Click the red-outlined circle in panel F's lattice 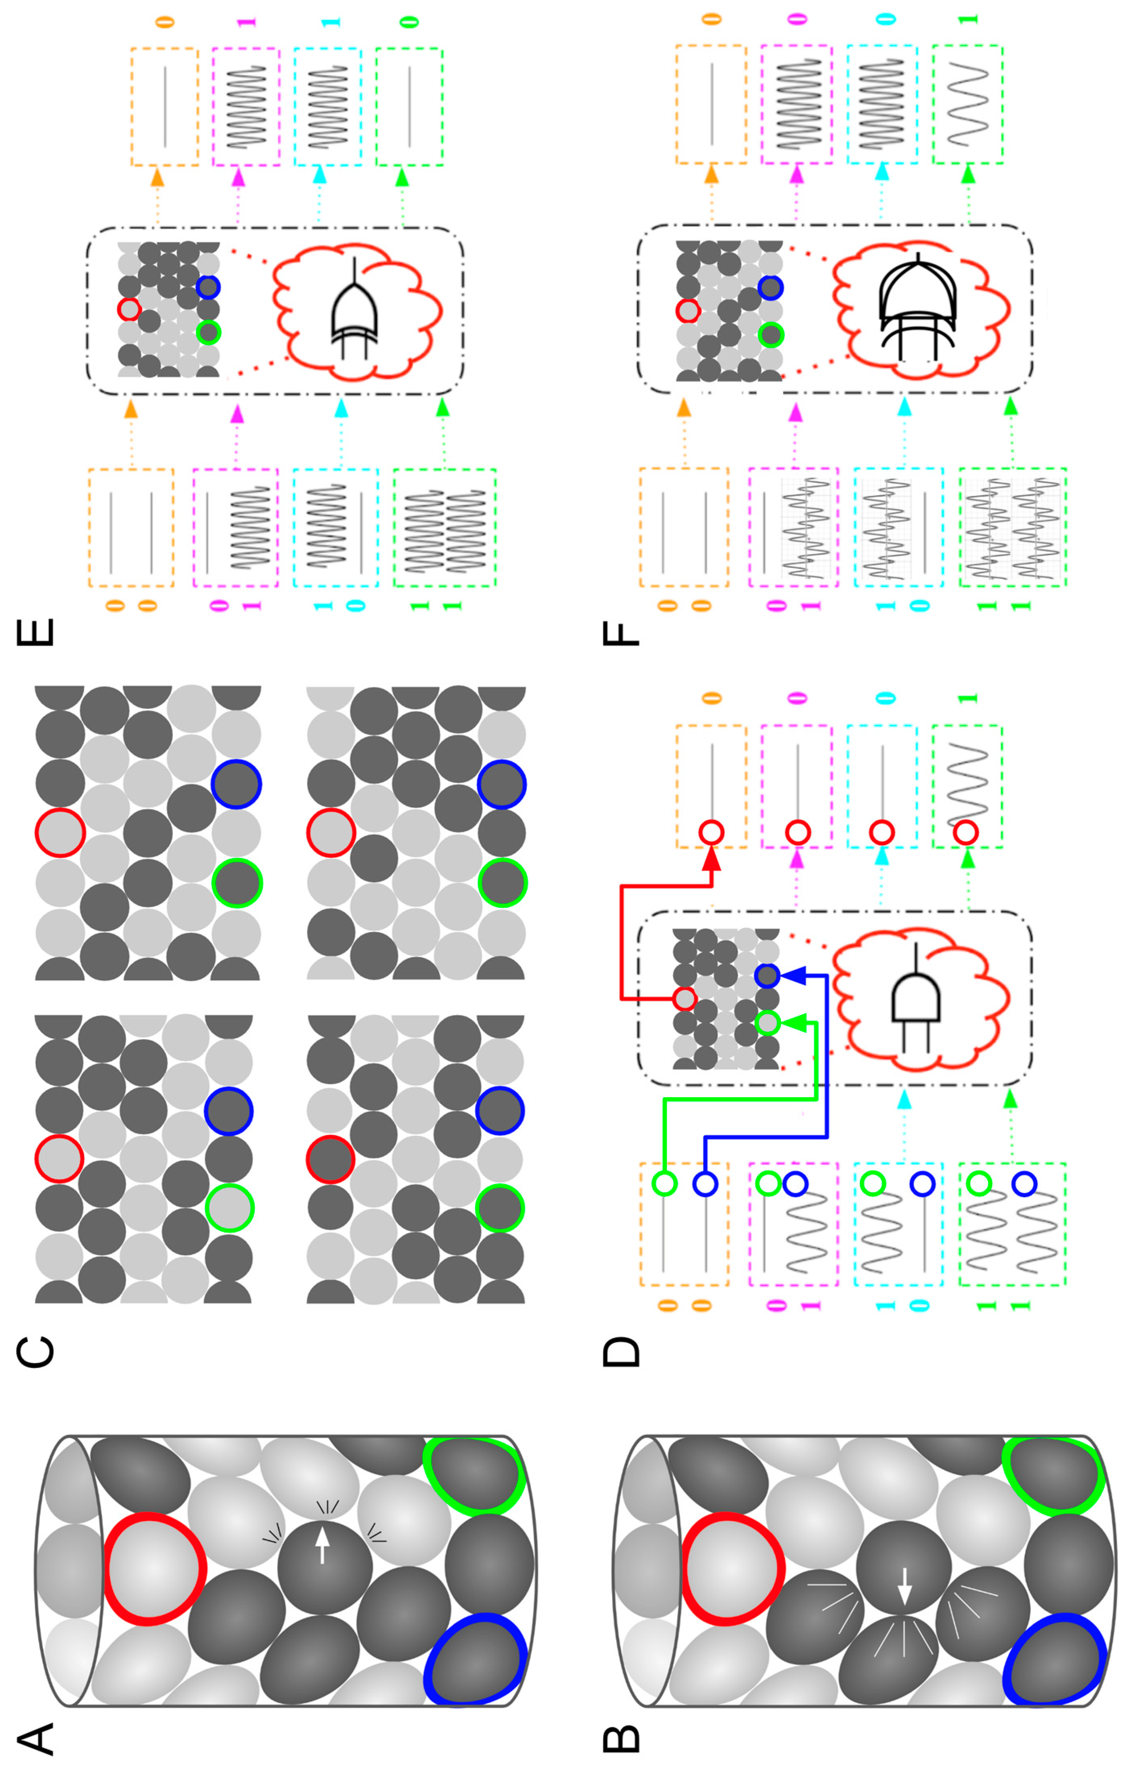[688, 312]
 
